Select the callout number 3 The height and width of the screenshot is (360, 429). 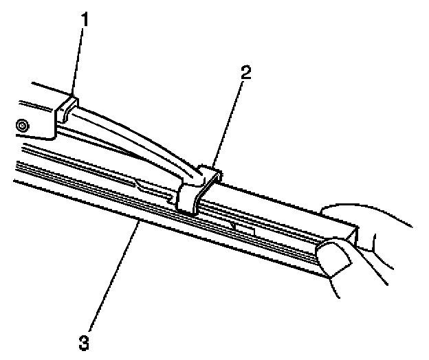tap(84, 340)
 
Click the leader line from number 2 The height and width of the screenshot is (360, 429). tap(226, 124)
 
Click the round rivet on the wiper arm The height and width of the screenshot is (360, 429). tap(23, 126)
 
